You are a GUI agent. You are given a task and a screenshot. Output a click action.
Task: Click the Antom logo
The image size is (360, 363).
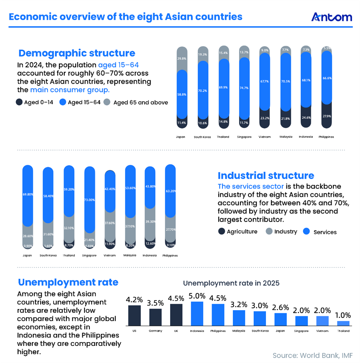(332, 17)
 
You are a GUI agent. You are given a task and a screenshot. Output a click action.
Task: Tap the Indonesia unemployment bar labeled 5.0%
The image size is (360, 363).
(197, 314)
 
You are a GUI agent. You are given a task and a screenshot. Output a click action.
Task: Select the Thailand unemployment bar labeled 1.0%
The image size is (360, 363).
(343, 323)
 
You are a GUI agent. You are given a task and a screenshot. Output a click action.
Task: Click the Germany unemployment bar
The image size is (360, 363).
(156, 317)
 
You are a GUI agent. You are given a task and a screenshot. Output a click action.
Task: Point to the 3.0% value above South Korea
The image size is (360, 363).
(260, 306)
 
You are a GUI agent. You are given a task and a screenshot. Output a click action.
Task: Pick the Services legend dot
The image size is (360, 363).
(306, 232)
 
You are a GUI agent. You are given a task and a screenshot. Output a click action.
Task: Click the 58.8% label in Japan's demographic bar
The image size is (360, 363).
(182, 95)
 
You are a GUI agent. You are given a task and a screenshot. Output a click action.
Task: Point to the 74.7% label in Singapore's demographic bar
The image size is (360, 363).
(243, 88)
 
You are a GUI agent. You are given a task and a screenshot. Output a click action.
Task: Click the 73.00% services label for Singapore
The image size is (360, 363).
(89, 200)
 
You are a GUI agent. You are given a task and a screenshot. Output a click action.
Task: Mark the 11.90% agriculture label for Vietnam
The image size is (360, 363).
(109, 243)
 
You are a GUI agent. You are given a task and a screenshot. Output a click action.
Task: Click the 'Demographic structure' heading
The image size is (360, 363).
(77, 53)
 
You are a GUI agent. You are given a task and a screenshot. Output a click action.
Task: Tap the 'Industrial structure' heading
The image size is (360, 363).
(266, 175)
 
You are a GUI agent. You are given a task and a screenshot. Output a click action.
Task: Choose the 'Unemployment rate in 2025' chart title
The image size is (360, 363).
(231, 283)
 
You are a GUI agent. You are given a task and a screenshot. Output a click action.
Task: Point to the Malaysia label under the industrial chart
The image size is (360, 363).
(130, 255)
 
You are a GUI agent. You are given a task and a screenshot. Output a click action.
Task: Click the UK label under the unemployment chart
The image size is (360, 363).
(176, 331)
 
